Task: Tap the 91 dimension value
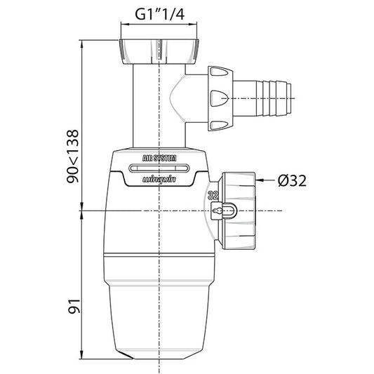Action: click(x=72, y=305)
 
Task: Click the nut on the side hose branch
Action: click(x=218, y=98)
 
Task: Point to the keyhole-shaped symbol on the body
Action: click(x=223, y=211)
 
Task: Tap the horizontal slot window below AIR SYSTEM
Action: click(x=161, y=168)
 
